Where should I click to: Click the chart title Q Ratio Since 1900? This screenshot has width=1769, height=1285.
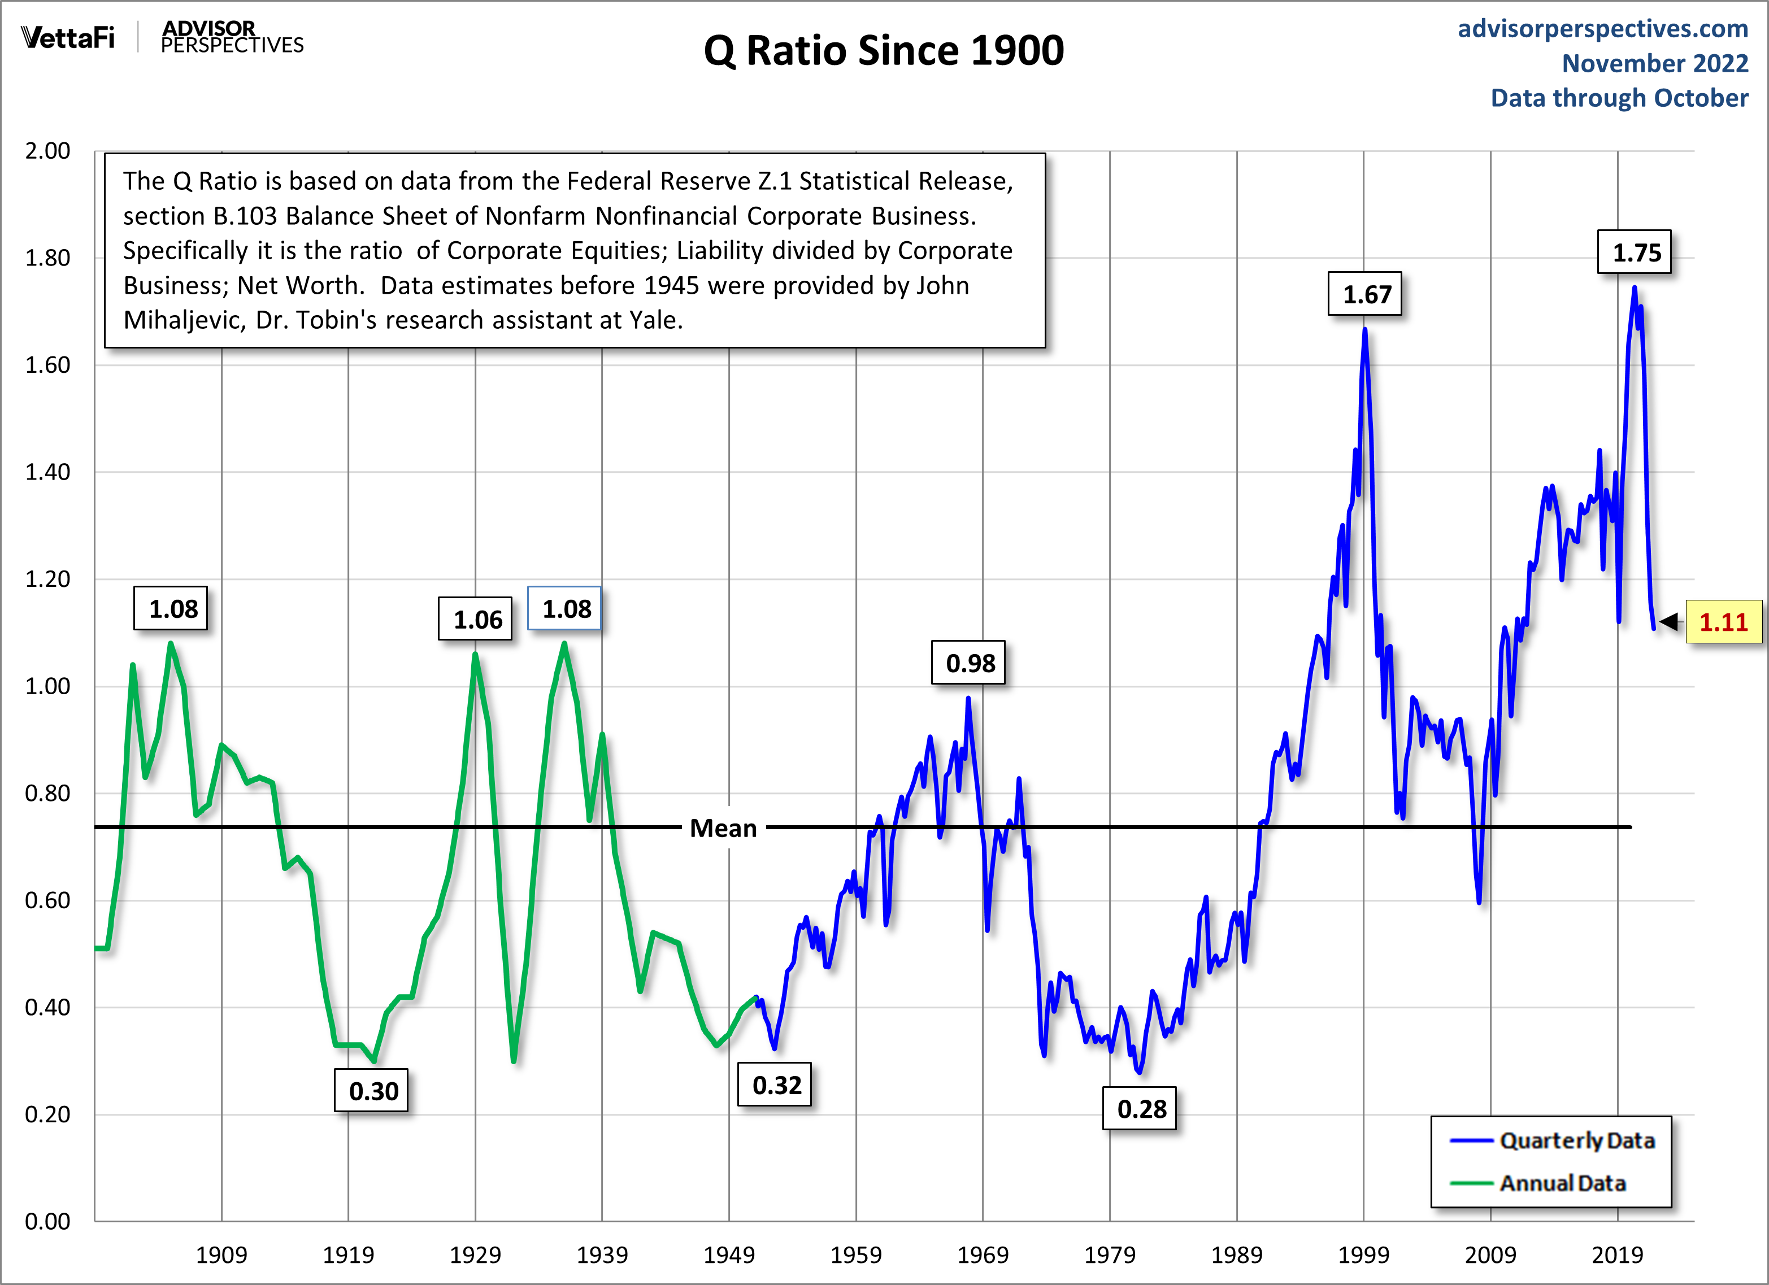(x=883, y=51)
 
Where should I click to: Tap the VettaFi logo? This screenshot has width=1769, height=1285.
(x=68, y=37)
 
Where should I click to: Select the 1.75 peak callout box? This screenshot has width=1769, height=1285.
(x=1634, y=252)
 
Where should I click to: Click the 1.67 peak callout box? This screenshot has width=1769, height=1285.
(x=1365, y=294)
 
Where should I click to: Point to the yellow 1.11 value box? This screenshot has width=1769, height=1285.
(x=1724, y=621)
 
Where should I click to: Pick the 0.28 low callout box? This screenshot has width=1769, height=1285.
(x=1140, y=1108)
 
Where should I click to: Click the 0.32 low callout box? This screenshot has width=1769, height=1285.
(x=776, y=1084)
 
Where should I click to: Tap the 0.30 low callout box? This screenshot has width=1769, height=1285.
(x=372, y=1091)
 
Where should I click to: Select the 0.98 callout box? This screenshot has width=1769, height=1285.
(x=969, y=663)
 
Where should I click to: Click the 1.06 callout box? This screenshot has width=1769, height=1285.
(x=476, y=619)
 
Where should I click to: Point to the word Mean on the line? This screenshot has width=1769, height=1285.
(x=723, y=828)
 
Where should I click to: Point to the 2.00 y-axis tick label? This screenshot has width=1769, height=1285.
(x=47, y=150)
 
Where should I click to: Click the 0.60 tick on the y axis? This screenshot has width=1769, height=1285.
(x=47, y=900)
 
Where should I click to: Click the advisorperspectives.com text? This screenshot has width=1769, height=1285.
(x=1603, y=29)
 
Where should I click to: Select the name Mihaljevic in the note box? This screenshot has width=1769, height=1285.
(x=182, y=320)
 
